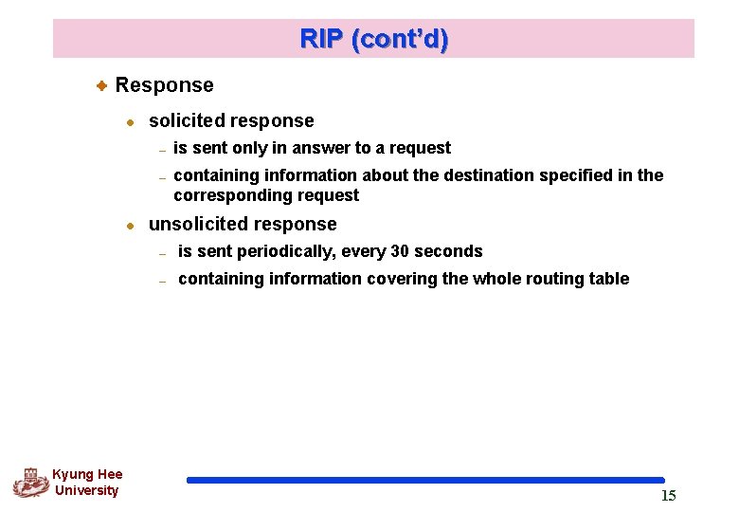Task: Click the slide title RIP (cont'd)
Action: pyautogui.click(x=374, y=40)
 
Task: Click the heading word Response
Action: pyautogui.click(x=164, y=85)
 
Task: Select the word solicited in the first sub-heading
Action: pyautogui.click(x=187, y=121)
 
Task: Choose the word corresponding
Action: pyautogui.click(x=224, y=195)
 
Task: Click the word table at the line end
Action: pyautogui.click(x=609, y=279)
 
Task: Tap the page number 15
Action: pyautogui.click(x=669, y=496)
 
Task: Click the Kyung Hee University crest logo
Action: pyautogui.click(x=30, y=482)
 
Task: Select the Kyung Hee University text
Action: pyautogui.click(x=87, y=482)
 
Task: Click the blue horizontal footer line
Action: pyautogui.click(x=425, y=481)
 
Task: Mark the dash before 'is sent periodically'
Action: pyautogui.click(x=163, y=253)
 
